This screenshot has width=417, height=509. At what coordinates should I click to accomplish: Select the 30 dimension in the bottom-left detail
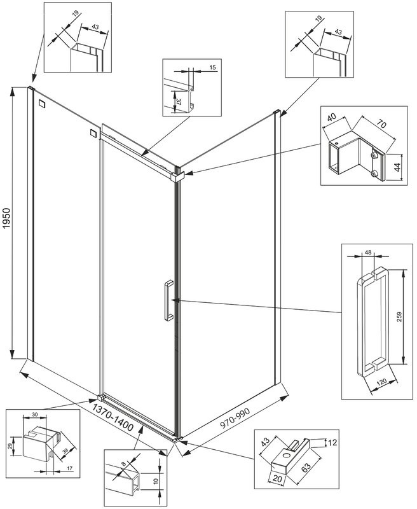tap(34, 415)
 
